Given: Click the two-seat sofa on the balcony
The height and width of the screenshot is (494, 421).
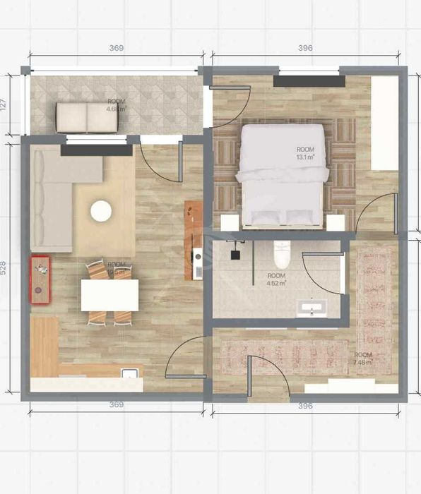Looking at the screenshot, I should click(x=85, y=117).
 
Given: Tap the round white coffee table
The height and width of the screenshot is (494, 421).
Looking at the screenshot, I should click(x=101, y=210).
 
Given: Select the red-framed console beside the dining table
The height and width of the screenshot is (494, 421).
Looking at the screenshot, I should click(x=40, y=279).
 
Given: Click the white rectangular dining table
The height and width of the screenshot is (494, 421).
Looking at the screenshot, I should click(x=109, y=295).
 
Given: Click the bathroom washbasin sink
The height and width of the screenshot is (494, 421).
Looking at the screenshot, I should click(x=310, y=308).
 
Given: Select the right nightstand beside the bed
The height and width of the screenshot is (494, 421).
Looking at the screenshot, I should click(x=336, y=222).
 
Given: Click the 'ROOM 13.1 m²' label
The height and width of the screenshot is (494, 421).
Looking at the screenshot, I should click(x=305, y=152).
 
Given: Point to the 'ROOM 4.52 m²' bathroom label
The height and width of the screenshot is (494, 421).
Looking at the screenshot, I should click(x=276, y=279).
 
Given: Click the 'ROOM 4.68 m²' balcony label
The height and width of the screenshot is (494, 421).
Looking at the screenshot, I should click(x=116, y=106).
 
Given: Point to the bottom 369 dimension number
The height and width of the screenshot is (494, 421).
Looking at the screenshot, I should click(x=117, y=405).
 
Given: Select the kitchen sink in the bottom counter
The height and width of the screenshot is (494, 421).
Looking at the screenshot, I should click(x=129, y=373).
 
